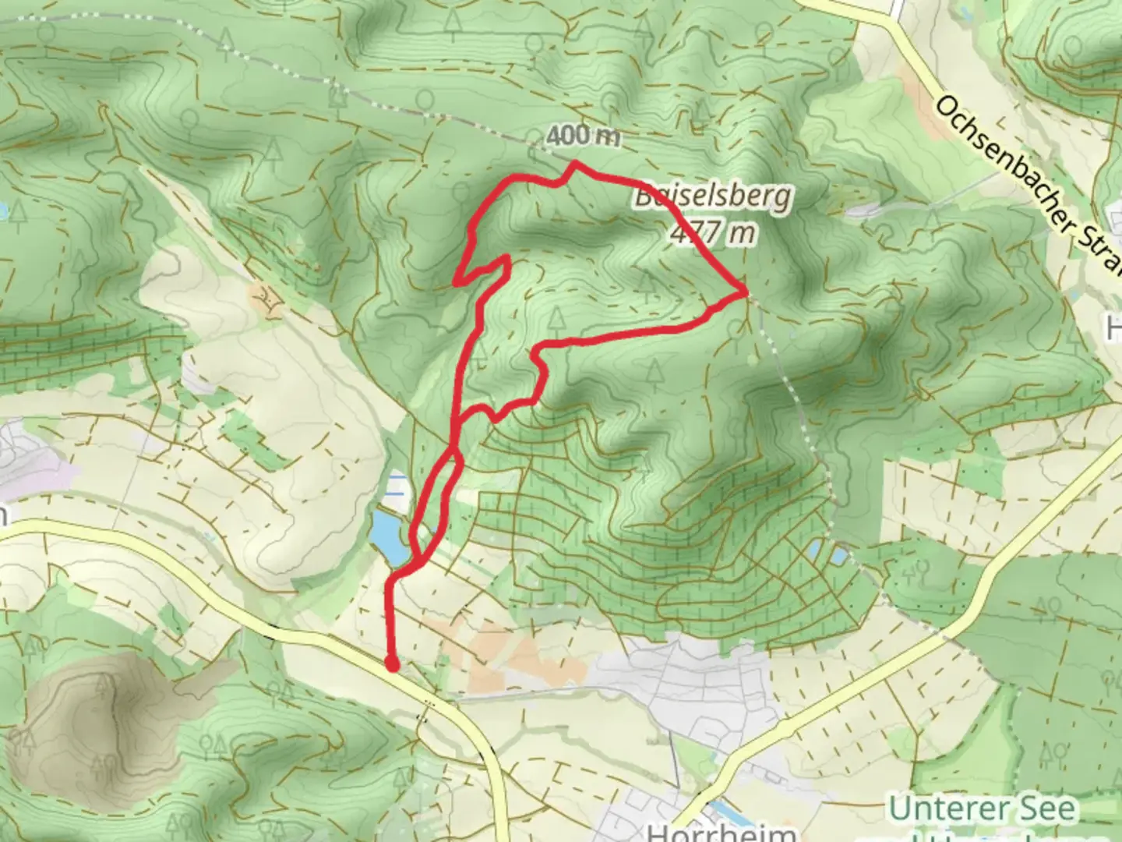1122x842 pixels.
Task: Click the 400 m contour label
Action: click(583, 136)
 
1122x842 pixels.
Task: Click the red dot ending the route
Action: click(393, 664)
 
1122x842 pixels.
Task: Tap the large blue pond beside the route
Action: click(390, 536)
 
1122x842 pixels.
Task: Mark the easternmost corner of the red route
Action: click(746, 292)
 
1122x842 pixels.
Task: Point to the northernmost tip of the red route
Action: click(575, 163)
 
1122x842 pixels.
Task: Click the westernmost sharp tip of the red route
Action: click(457, 279)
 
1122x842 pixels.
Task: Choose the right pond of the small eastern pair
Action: click(839, 556)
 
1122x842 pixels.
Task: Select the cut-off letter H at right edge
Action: click(1113, 331)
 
